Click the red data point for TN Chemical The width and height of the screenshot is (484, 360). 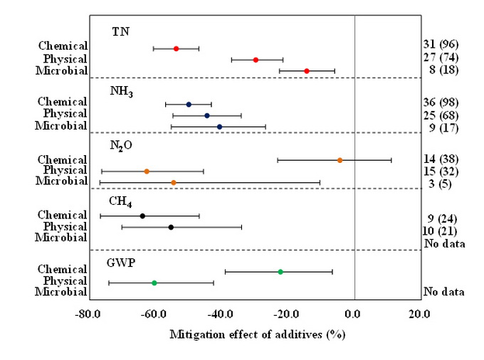[x=176, y=48]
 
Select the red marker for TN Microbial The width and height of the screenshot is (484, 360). [x=306, y=70]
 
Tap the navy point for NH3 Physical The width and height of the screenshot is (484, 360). [x=207, y=115]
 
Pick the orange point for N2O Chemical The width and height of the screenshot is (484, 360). [x=340, y=160]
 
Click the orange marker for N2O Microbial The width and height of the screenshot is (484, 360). [x=173, y=183]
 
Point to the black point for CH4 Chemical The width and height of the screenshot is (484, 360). [x=142, y=216]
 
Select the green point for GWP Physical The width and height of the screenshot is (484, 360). [x=154, y=283]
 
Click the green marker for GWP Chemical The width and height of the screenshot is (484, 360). [x=280, y=272]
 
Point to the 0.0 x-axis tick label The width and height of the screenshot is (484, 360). [x=354, y=314]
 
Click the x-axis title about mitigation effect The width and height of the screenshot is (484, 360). [x=255, y=334]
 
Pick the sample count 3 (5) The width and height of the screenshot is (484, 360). [x=440, y=183]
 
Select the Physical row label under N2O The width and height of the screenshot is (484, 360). [x=65, y=171]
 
